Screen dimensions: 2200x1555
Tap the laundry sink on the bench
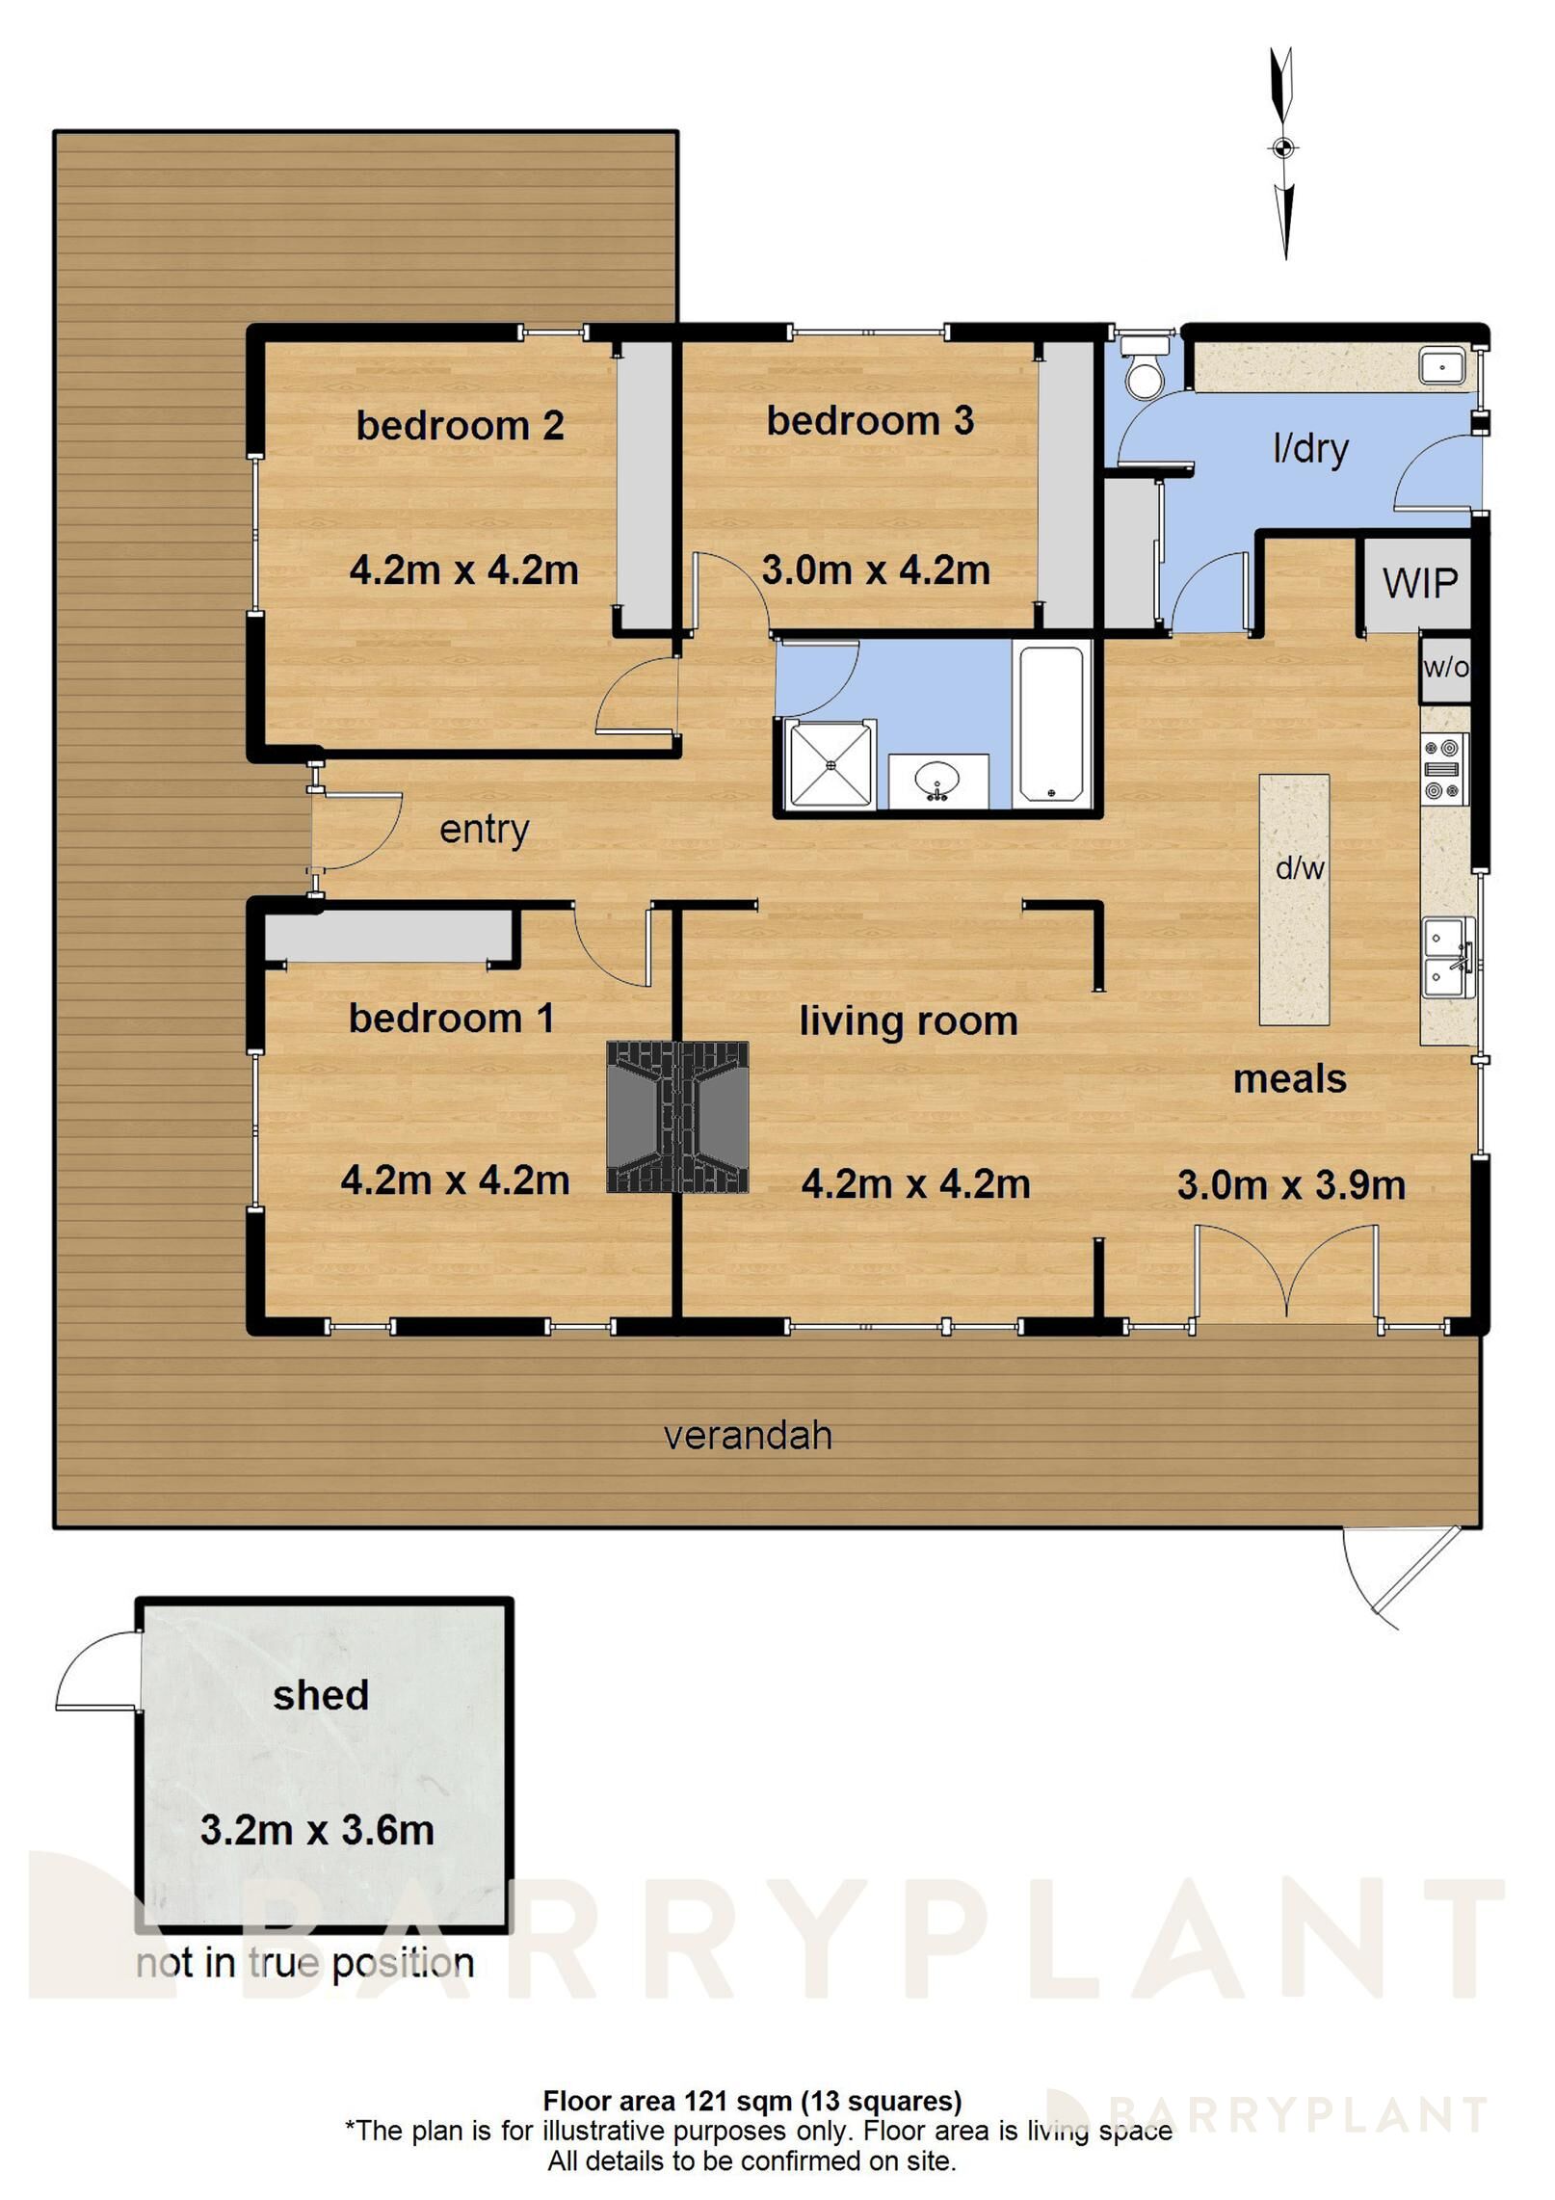1441,366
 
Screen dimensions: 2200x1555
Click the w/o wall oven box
1445,667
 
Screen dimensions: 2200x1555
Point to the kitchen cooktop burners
1445,769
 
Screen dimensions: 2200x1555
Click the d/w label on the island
1299,868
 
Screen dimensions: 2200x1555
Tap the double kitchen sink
1448,957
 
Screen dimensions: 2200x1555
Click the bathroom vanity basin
937,779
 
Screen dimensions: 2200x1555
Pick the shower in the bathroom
830,764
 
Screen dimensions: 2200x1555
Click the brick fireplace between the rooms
677,1117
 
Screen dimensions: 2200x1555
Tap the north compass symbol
1282,149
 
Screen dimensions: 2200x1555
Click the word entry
484,830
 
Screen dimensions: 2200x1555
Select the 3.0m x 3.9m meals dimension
1291,1185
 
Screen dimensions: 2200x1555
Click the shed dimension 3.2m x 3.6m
317,1830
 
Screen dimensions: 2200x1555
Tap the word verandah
748,1436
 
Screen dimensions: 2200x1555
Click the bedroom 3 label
869,421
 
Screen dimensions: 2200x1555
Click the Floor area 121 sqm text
751,2101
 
